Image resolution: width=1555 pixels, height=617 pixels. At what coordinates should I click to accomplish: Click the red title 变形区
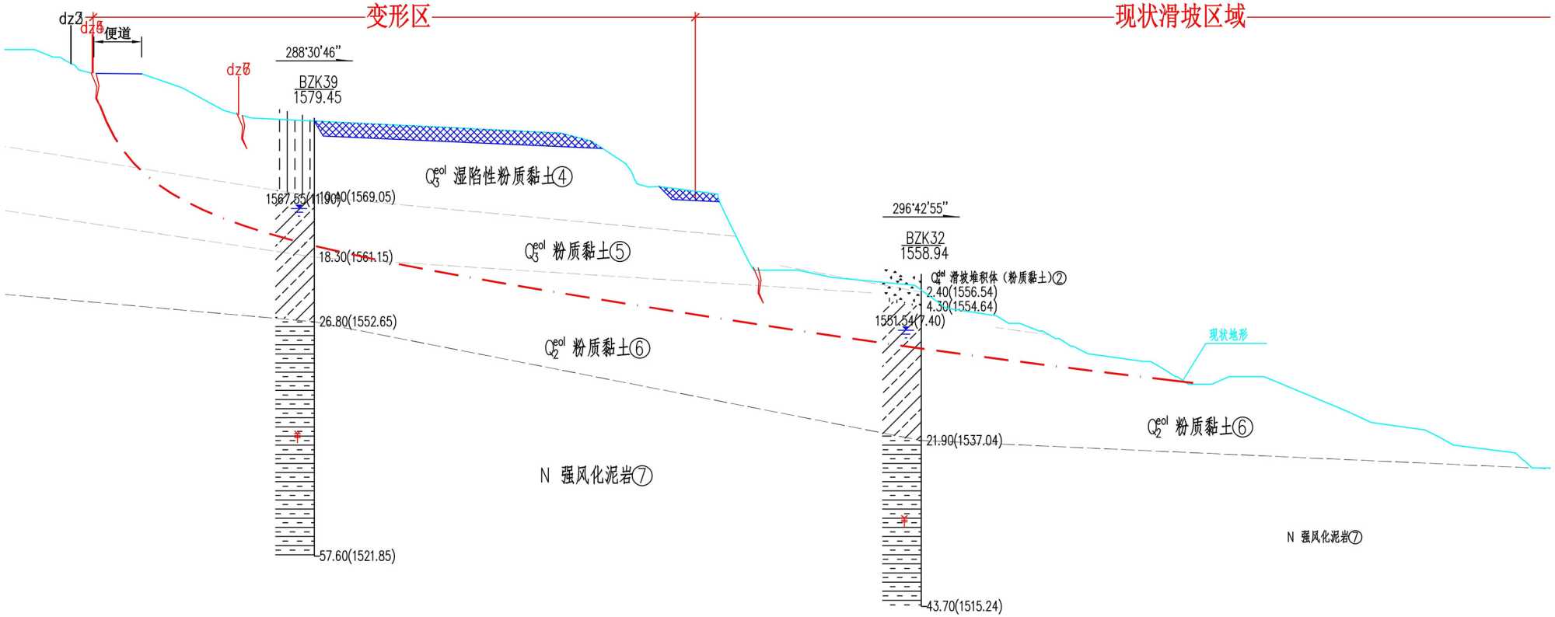[x=398, y=16]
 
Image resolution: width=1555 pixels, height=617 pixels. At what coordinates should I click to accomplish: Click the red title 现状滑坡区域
[x=1179, y=16]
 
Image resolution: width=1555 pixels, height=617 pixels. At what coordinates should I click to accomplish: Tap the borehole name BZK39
[x=318, y=82]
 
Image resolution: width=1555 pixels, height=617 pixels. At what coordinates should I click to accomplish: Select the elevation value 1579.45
[x=317, y=98]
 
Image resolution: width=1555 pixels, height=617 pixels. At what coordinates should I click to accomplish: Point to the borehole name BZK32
[x=924, y=239]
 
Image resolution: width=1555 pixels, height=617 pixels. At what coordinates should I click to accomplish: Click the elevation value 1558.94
[x=924, y=254]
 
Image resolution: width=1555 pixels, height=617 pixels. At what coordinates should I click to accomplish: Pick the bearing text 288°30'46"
[x=313, y=53]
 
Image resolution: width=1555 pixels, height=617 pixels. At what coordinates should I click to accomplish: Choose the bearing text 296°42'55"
[x=920, y=209]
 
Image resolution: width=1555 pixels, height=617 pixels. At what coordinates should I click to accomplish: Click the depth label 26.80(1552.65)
[x=358, y=322]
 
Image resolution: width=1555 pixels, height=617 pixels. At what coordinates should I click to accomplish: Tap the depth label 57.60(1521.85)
[x=357, y=556]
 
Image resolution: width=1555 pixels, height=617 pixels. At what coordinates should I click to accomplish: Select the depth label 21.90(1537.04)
[x=963, y=441]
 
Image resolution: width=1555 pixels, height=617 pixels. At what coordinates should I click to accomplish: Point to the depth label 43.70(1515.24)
[x=964, y=606]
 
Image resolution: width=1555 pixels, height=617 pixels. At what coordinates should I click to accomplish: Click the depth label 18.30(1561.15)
[x=355, y=257]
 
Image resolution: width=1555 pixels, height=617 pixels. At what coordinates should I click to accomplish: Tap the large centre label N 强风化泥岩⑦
[x=596, y=476]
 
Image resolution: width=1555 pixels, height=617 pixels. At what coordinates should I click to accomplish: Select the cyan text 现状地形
[x=1228, y=335]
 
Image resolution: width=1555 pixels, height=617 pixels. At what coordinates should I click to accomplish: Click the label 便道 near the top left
[x=117, y=33]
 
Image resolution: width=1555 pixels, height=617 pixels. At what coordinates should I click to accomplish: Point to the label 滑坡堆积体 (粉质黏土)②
[x=999, y=277]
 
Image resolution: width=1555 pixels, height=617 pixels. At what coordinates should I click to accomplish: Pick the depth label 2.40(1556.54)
[x=961, y=292]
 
